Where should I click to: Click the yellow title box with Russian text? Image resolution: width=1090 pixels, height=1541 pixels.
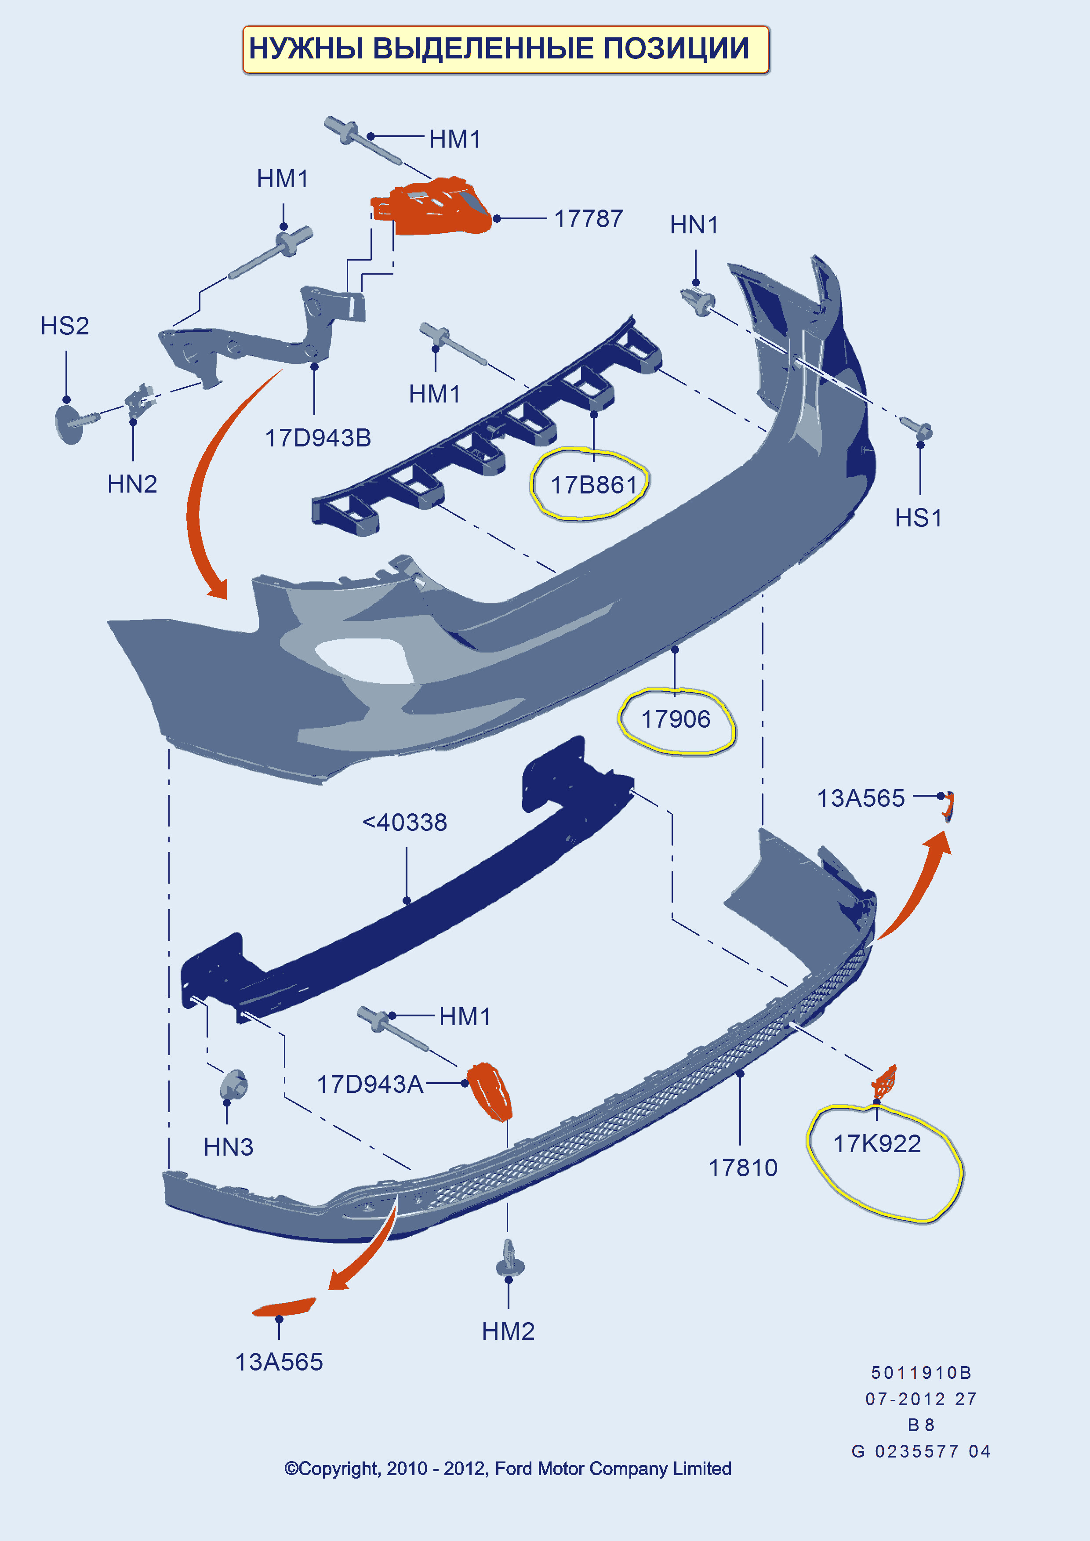pyautogui.click(x=505, y=50)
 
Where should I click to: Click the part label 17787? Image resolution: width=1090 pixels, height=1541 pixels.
pyautogui.click(x=588, y=219)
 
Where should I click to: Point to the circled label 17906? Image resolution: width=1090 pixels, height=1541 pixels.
pyautogui.click(x=675, y=719)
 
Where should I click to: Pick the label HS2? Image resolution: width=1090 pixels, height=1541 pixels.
pyautogui.click(x=65, y=326)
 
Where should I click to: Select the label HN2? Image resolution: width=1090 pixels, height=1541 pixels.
pyautogui.click(x=132, y=484)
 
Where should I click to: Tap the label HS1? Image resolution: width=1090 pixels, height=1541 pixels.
pyautogui.click(x=918, y=518)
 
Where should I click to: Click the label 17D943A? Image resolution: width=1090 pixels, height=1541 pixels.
pyautogui.click(x=370, y=1084)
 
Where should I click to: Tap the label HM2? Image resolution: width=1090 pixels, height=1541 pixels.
pyautogui.click(x=508, y=1331)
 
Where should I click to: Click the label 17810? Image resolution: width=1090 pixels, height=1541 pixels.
pyautogui.click(x=743, y=1168)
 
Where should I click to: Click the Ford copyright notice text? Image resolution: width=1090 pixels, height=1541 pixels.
pyautogui.click(x=507, y=1468)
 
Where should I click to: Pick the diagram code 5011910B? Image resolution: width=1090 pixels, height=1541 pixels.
pyautogui.click(x=921, y=1373)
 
